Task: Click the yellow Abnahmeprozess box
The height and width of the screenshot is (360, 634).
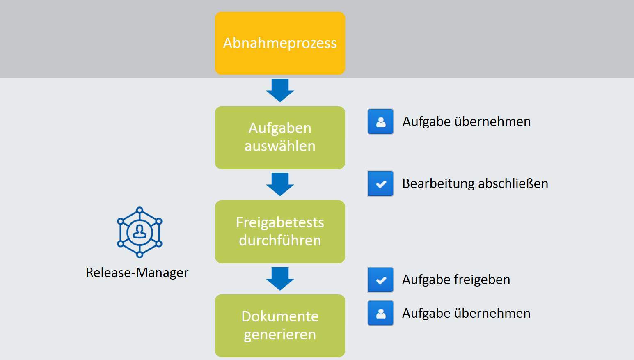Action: tap(280, 43)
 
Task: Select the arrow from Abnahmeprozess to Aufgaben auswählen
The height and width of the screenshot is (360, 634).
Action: tap(280, 90)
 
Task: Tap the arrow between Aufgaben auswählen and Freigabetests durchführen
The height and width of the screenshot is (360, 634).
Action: tap(280, 184)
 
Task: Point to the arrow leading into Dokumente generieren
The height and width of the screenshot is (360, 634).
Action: tap(280, 279)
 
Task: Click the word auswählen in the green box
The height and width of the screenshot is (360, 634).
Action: tap(280, 146)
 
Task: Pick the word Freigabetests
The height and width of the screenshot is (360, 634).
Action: tap(280, 222)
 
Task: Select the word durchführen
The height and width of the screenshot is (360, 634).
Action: tap(280, 241)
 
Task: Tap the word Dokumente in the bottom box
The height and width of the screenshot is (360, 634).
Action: tap(280, 316)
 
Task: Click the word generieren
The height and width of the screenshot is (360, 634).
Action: tap(280, 335)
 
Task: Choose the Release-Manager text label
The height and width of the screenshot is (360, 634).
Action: tap(137, 273)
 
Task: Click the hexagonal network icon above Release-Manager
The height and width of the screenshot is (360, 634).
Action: tap(140, 232)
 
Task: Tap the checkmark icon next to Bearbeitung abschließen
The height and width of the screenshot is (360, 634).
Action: tap(380, 183)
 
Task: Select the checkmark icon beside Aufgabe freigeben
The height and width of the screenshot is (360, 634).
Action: tap(380, 280)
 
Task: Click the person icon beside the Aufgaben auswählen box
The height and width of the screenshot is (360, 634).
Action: tap(380, 122)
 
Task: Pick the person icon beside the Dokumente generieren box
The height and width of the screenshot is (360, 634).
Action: tap(380, 313)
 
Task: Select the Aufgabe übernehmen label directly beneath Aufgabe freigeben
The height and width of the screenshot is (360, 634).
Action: tap(466, 313)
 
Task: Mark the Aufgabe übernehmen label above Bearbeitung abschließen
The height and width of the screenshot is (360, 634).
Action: tap(467, 122)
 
